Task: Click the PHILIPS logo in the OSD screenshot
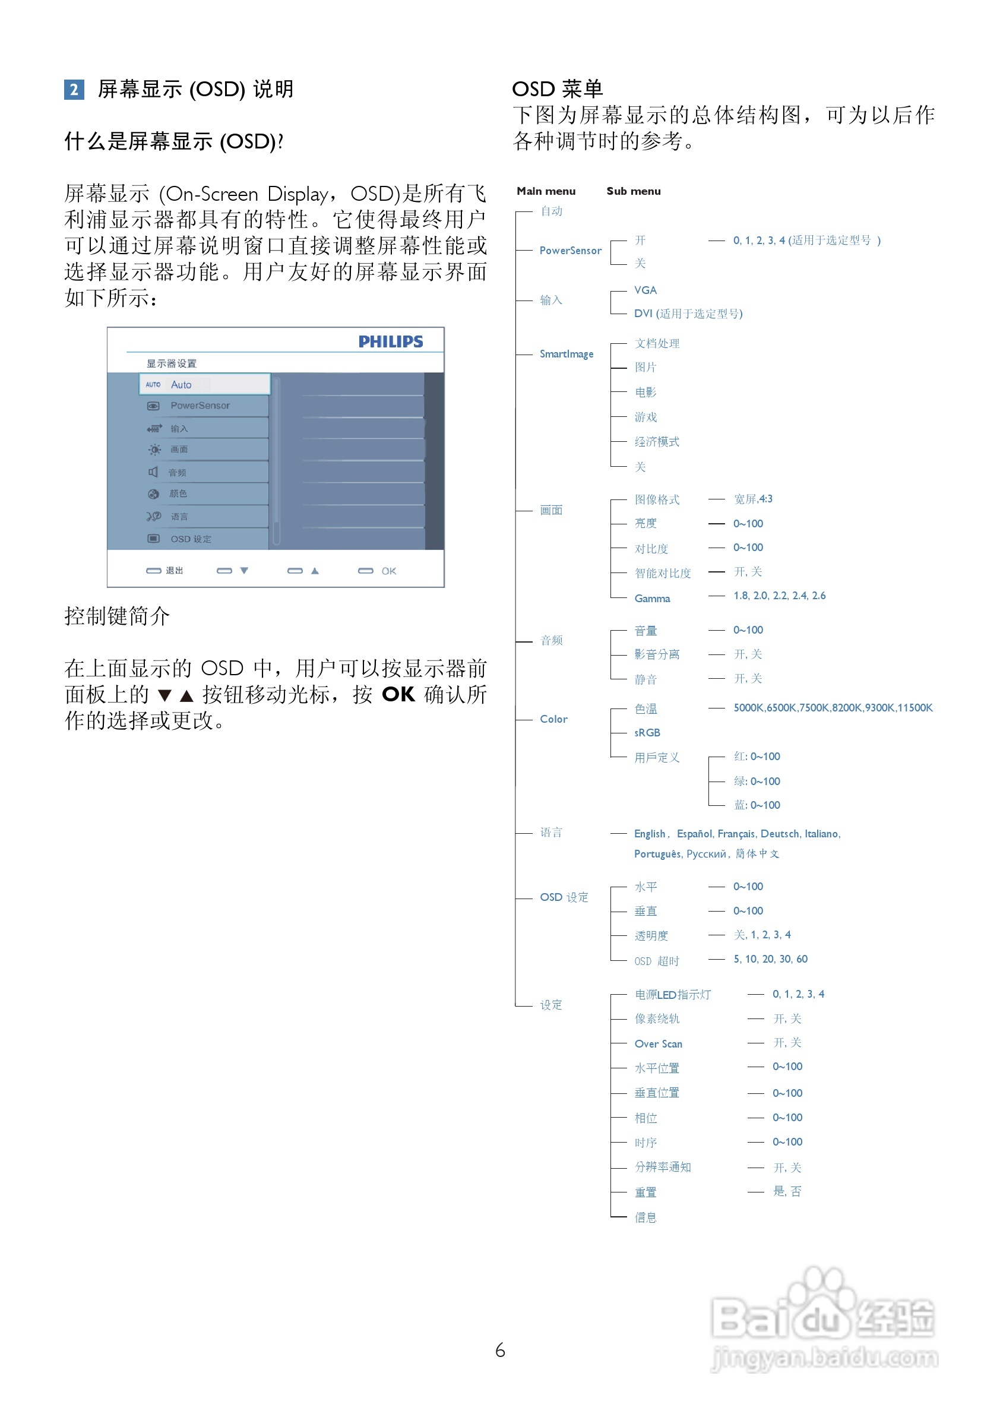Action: click(x=390, y=342)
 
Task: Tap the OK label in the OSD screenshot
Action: click(x=388, y=571)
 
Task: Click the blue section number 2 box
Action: click(x=74, y=90)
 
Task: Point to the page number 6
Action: click(x=500, y=1350)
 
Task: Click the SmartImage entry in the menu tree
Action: click(x=567, y=354)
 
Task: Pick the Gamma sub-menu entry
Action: click(x=652, y=599)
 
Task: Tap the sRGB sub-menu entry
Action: click(x=647, y=733)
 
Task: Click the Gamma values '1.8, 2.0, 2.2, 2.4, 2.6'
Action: click(x=780, y=596)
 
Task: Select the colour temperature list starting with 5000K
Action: click(x=833, y=708)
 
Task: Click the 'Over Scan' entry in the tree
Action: click(x=658, y=1044)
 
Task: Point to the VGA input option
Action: click(x=645, y=290)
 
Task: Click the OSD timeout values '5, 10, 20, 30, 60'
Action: click(x=770, y=959)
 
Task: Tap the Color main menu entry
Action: click(x=553, y=719)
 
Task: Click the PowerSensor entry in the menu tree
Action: click(x=570, y=251)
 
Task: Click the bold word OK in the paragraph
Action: click(x=398, y=694)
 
